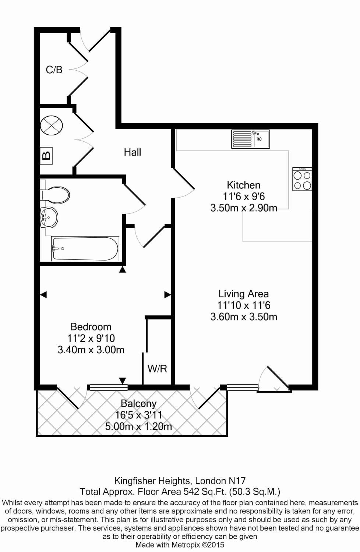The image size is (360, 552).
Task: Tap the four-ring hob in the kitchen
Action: (x=302, y=179)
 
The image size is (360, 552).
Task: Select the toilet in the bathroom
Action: (x=55, y=195)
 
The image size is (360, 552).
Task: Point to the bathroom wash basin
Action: (x=49, y=217)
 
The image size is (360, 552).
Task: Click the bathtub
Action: (x=85, y=249)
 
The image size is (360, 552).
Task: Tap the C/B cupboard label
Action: (x=54, y=70)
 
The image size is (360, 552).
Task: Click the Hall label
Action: (x=132, y=152)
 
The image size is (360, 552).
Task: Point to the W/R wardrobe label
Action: (x=157, y=368)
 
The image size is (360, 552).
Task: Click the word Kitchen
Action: (x=243, y=185)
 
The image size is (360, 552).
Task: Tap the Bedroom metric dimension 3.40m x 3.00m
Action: (x=91, y=350)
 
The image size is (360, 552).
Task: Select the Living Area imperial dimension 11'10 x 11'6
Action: (x=244, y=305)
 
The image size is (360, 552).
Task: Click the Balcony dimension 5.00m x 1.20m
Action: (x=138, y=427)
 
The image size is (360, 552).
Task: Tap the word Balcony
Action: (x=138, y=404)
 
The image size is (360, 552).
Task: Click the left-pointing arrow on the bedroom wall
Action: (x=43, y=294)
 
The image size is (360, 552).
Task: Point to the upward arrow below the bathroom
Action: (x=123, y=270)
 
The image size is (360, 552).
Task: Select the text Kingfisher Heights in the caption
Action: (x=152, y=481)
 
